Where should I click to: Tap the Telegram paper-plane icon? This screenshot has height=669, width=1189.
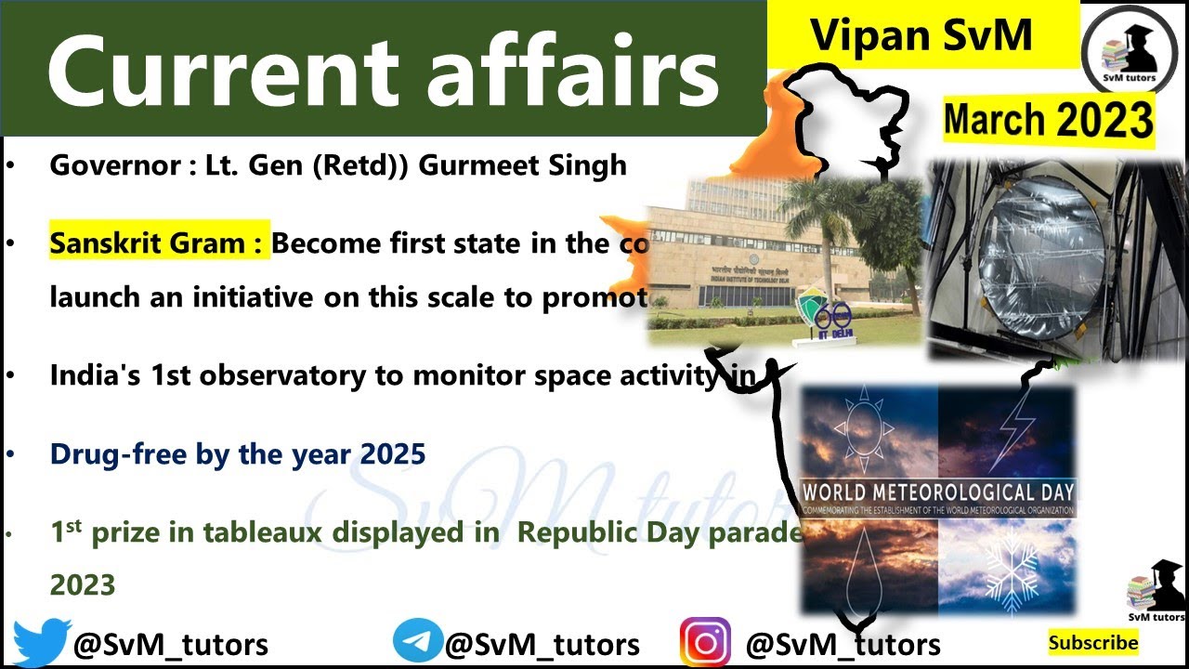[x=417, y=642]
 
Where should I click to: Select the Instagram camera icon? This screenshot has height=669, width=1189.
[x=706, y=642]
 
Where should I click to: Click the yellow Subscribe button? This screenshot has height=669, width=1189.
[x=1093, y=642]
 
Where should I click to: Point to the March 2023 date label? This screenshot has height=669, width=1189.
[x=1049, y=120]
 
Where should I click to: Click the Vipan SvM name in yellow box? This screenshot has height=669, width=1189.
[x=921, y=34]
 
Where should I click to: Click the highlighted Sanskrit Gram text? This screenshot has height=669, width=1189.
[x=159, y=243]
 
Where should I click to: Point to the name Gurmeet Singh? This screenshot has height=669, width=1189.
[x=523, y=165]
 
